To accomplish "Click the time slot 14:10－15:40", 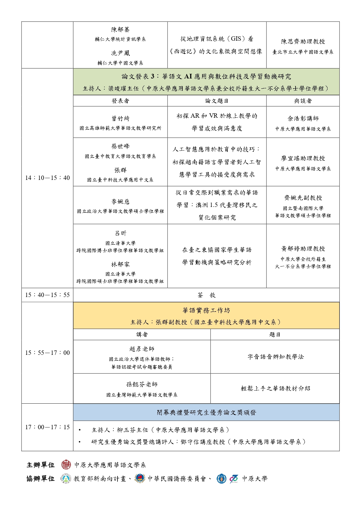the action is pos(47,178).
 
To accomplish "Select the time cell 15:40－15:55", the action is pos(47,295).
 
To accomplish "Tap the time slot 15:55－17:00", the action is pos(47,353).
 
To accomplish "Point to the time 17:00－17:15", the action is pos(47,427).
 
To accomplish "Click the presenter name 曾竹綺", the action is pos(120,119).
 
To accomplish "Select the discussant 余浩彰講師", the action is pos(303,119).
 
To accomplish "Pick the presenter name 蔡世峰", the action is pos(120,146).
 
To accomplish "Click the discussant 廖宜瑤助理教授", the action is pos(303,158).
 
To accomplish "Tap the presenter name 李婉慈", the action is pos(120,202).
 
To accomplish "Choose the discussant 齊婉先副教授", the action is pos(303,198).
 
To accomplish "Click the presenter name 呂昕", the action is pos(120,233).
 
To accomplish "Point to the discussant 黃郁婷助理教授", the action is pos(303,249).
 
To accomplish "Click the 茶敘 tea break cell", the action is pos(207,295).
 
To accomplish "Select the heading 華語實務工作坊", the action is pos(206,310).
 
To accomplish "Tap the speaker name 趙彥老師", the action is pos(142,349).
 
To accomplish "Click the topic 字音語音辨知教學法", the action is pos(275,357).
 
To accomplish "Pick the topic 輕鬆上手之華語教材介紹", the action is pos(275,389).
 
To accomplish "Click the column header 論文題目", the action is pos(217,101).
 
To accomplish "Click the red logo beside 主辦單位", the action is pos(66,465).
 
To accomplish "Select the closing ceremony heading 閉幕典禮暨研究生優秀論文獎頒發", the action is pos(207,412).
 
